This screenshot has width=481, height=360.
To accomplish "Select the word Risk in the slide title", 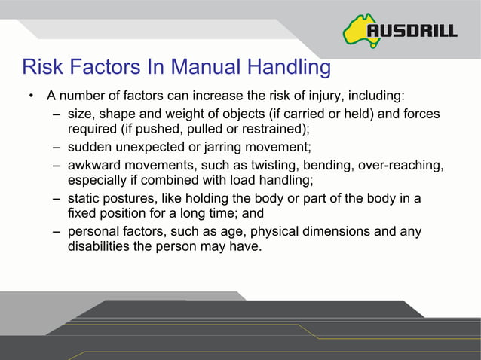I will click(x=41, y=68).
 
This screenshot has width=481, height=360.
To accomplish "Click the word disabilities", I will click(x=98, y=246).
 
